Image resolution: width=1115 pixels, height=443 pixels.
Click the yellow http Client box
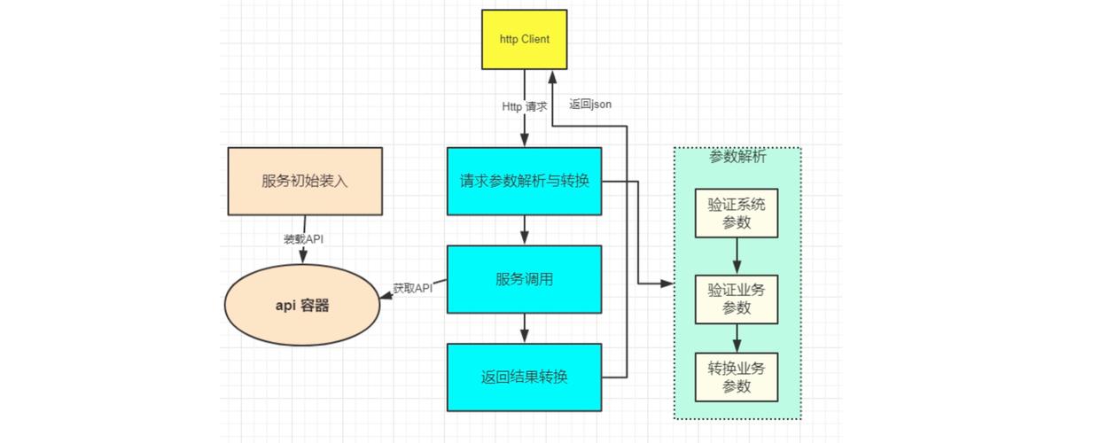524,40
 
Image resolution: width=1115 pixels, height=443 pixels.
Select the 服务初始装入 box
305,181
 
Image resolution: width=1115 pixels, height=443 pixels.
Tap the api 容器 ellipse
301,306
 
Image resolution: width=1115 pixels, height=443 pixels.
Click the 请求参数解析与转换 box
524,181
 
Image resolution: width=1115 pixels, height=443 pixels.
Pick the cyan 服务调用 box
524,279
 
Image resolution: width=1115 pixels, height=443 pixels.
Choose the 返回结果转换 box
524,377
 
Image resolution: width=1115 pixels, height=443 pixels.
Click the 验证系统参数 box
737,213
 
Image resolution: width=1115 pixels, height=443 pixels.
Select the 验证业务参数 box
737,299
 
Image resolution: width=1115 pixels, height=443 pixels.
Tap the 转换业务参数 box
737,377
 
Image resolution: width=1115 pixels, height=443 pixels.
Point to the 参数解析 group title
737,157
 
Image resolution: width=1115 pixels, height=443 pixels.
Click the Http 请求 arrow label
525,106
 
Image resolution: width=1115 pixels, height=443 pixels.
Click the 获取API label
412,288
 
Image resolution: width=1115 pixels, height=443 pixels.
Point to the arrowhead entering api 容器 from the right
386,297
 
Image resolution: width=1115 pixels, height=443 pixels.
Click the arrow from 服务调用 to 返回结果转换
524,329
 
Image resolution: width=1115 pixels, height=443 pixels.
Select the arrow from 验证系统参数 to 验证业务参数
737,257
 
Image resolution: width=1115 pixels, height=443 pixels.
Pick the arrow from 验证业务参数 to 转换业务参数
737,338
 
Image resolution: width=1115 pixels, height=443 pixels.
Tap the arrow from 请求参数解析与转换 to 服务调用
524,230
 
